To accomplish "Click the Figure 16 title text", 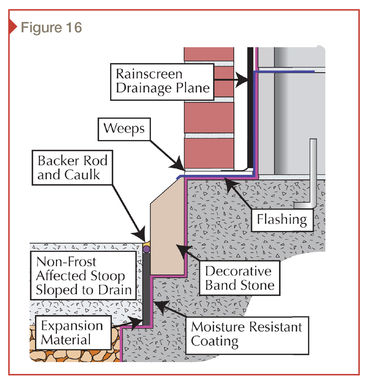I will [51, 27].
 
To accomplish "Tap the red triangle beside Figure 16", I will [13, 27].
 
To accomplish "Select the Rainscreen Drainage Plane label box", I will [162, 81].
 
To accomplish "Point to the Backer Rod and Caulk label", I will [72, 168].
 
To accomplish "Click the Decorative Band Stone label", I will [240, 278].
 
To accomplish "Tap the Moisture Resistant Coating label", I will [247, 334].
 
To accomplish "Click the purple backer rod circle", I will [146, 250].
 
